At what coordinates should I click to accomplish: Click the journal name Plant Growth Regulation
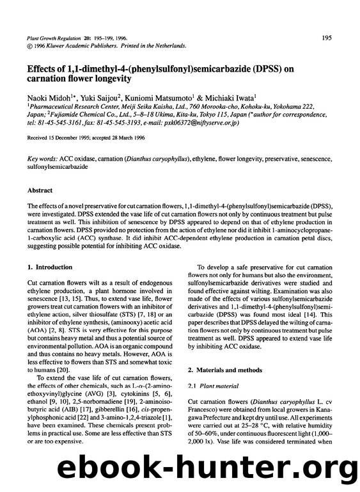coord(54,38)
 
